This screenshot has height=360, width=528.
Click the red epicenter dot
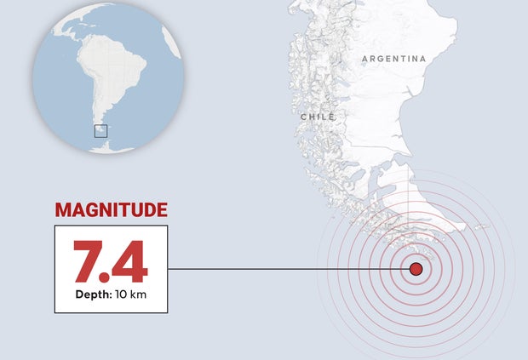click(x=416, y=269)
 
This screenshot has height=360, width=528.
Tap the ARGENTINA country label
click(x=393, y=59)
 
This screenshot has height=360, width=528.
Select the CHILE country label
click(x=318, y=117)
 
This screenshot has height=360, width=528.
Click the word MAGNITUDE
click(x=111, y=210)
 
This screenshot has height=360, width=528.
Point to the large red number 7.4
click(x=111, y=261)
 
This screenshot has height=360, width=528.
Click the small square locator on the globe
click(x=100, y=130)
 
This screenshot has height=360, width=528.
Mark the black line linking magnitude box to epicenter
click(x=281, y=269)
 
